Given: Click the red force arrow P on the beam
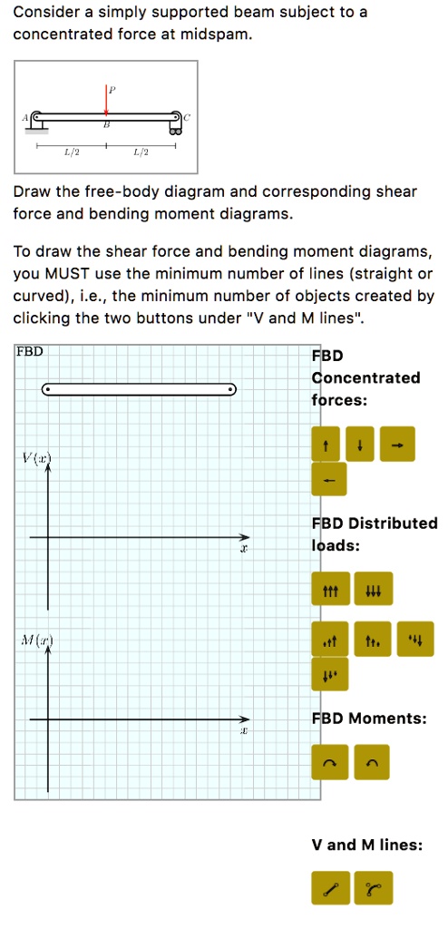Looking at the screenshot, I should click(106, 101).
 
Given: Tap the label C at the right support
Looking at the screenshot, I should click(188, 117).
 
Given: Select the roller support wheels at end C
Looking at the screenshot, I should click(177, 131).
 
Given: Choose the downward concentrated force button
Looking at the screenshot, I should click(360, 445).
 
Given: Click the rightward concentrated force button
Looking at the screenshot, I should click(396, 445).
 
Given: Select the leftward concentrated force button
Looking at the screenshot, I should click(328, 480).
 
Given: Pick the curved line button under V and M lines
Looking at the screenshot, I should click(375, 887).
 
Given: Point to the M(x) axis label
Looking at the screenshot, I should click(37, 641).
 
